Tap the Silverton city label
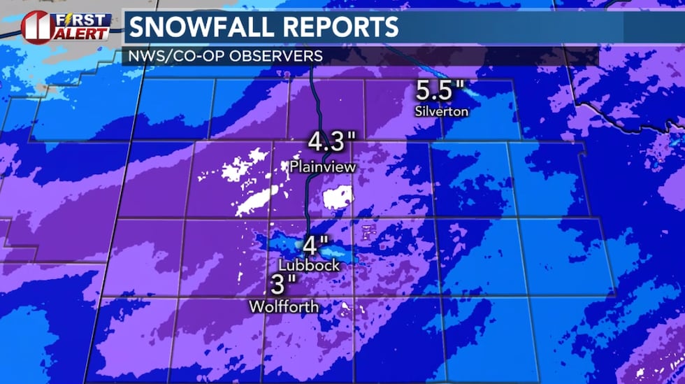tap(441, 111)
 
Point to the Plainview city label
tap(323, 168)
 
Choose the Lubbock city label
tap(309, 266)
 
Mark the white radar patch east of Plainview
tap(336, 198)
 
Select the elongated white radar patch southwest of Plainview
tap(254, 201)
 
